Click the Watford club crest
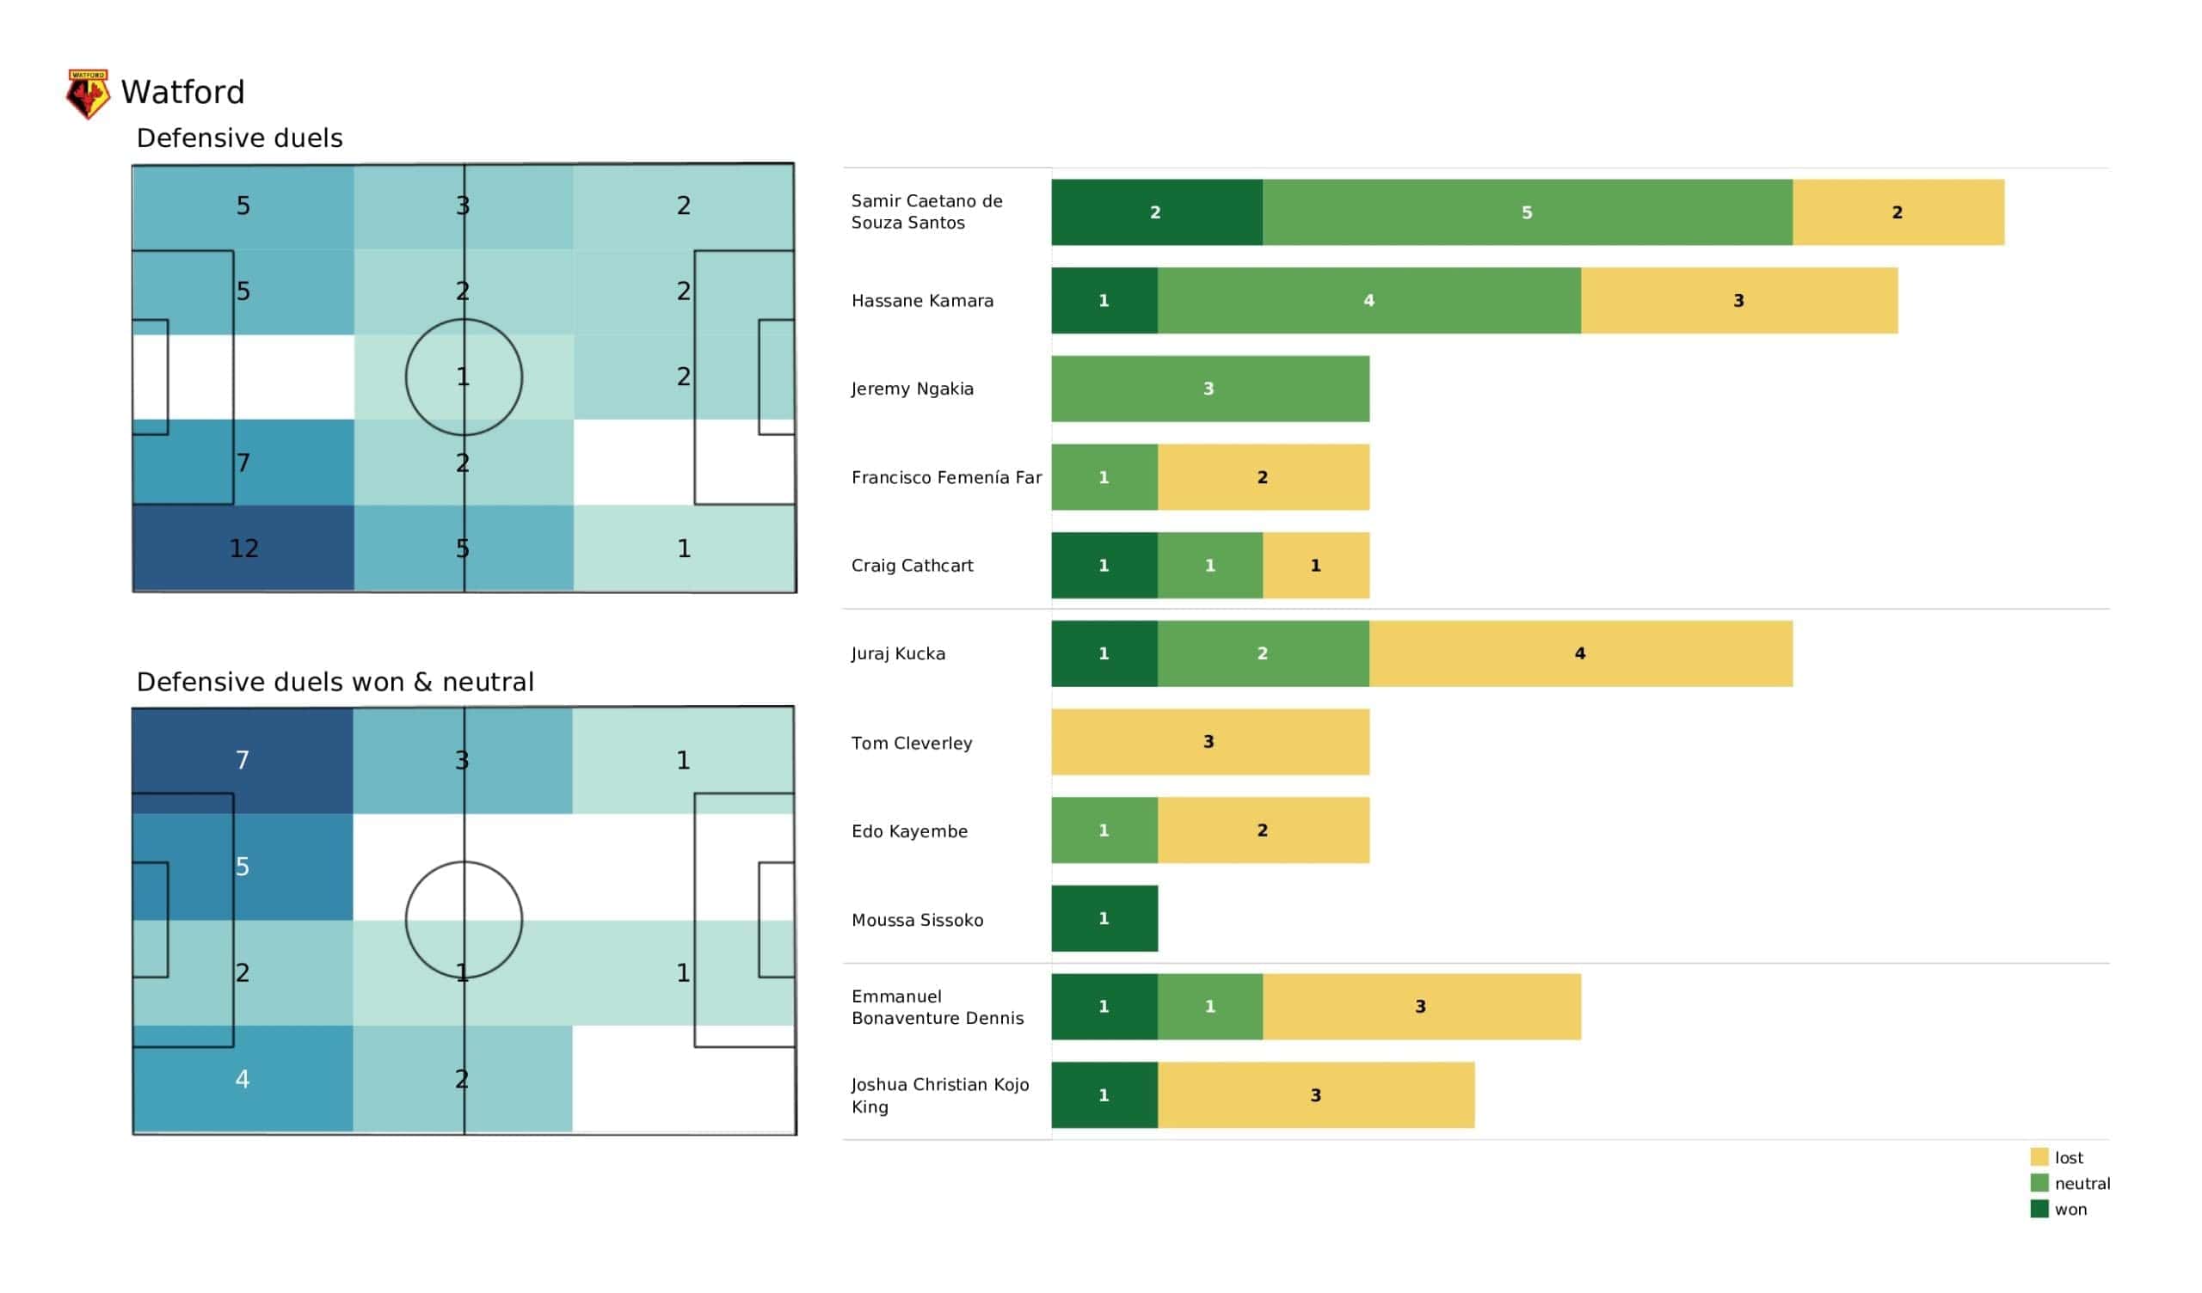coord(88,93)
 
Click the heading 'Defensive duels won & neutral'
coord(335,682)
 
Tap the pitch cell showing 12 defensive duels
coord(243,548)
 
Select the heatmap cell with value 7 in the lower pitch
coord(242,759)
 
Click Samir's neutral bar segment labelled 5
coord(1527,212)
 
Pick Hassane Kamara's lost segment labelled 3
coord(1738,301)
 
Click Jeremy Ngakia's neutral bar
coord(1209,389)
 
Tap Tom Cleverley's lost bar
coord(1209,742)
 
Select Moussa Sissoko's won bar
coord(1104,918)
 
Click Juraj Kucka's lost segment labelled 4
coord(1580,653)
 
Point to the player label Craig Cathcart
coord(912,565)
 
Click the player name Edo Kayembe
coord(909,830)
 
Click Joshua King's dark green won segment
coord(1104,1094)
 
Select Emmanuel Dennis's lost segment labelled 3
coord(1421,1007)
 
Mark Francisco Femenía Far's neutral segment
coord(1104,477)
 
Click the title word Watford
coord(182,92)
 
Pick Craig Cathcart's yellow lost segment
coord(1315,565)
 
